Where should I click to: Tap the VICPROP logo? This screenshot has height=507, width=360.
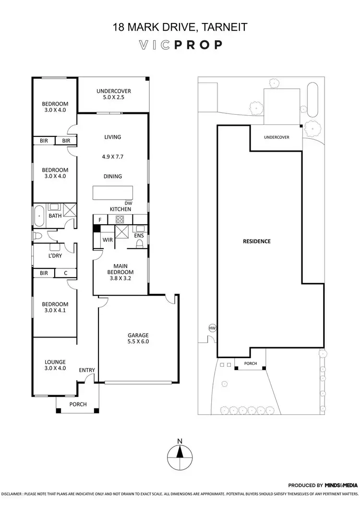(180, 45)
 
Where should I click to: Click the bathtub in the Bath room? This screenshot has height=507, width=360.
(38, 217)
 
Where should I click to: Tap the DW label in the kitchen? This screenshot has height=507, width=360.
(128, 203)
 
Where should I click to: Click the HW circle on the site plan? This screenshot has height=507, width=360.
(212, 328)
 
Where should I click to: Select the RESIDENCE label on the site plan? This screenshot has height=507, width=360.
(256, 241)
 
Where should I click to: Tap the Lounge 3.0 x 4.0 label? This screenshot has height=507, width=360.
(55, 365)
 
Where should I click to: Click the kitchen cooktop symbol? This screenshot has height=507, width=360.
(120, 219)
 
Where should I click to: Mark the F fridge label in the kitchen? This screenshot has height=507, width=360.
(99, 219)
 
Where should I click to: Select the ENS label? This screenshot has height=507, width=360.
(139, 236)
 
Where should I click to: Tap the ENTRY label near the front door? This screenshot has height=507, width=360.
(87, 370)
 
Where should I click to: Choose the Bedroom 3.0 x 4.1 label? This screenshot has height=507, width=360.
(55, 307)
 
